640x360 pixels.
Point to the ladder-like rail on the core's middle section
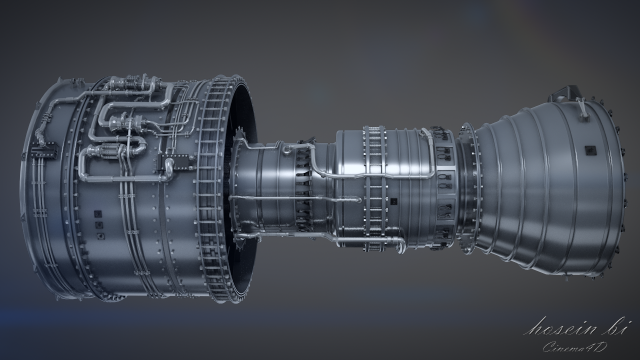pyautogui.click(x=375, y=185)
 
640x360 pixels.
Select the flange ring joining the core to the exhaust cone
pyautogui.click(x=468, y=185)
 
